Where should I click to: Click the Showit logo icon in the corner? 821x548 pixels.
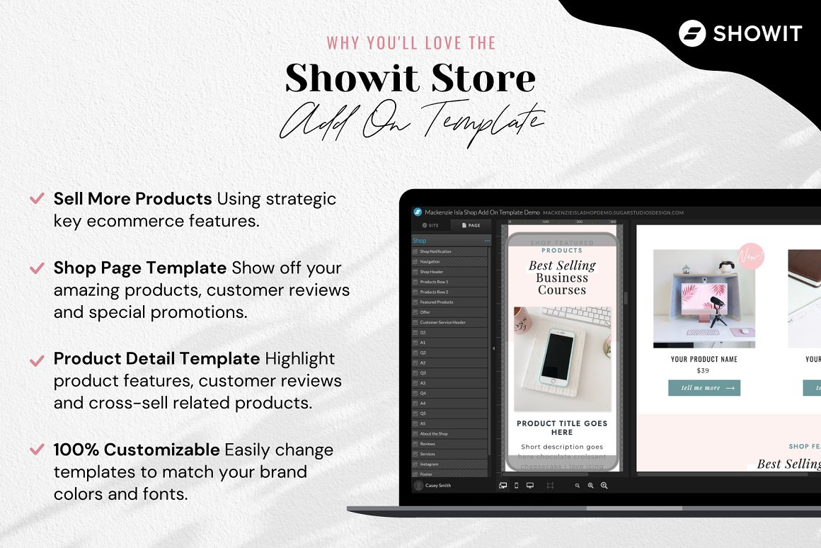(692, 33)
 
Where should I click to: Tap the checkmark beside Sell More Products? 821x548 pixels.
(37, 198)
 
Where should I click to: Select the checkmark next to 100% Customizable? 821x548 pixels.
(37, 450)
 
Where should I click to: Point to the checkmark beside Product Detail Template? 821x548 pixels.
(37, 360)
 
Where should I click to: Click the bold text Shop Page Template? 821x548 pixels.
(140, 268)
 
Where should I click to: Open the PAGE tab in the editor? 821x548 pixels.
(471, 225)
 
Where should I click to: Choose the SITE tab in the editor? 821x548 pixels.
(430, 225)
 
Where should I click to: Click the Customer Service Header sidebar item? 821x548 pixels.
(442, 322)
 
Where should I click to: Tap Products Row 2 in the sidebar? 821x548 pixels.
(434, 292)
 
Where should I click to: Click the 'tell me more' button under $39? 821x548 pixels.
(704, 388)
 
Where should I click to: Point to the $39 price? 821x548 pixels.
(703, 370)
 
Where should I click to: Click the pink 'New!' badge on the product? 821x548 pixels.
(751, 256)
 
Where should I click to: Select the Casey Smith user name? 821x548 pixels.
(438, 486)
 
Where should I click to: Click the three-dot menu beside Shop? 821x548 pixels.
(487, 241)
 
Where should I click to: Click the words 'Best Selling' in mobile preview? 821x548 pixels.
(562, 266)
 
